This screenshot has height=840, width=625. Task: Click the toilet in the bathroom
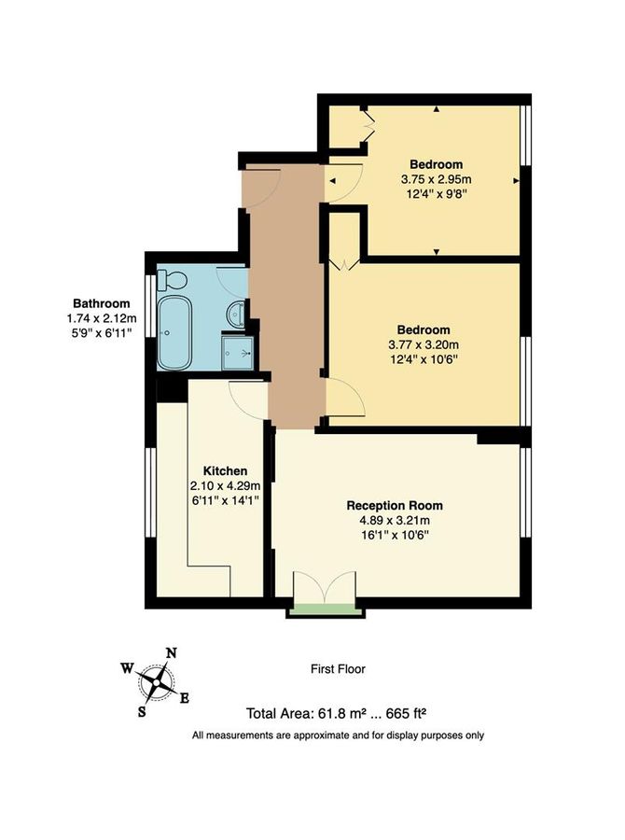(x=171, y=278)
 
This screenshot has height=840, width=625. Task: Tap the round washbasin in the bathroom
(x=237, y=315)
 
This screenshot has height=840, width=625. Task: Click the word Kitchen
(x=225, y=470)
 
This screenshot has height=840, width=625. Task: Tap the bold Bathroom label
(x=103, y=303)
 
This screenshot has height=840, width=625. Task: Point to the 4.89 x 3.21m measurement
(x=391, y=521)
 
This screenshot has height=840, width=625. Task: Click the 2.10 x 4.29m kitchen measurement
(x=225, y=485)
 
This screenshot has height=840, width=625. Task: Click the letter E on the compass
(x=185, y=698)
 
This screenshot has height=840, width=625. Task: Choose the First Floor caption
(x=338, y=669)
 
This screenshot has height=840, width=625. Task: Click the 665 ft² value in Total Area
(x=404, y=714)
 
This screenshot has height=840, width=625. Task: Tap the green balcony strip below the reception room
(x=325, y=610)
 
